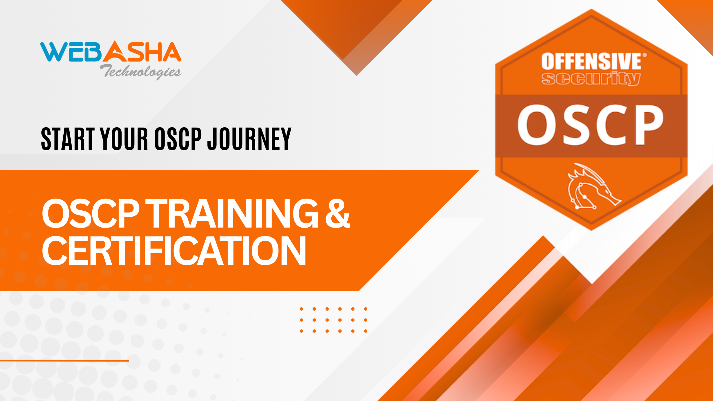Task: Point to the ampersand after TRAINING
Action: click(338, 213)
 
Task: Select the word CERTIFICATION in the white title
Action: click(174, 251)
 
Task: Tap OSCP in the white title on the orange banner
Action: click(91, 213)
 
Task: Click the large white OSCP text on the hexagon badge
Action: click(590, 125)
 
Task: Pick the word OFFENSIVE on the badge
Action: click(591, 61)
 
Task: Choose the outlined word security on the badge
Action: click(591, 79)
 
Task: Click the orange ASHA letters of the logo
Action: click(142, 52)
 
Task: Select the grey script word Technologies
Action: click(141, 72)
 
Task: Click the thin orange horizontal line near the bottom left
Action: click(65, 361)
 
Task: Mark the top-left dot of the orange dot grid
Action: click(301, 309)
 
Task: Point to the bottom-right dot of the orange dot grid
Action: click(366, 331)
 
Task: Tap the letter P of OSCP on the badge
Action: click(648, 125)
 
